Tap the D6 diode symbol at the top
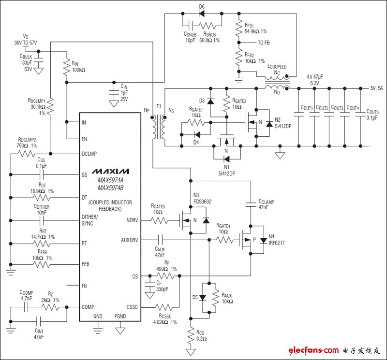pos(202,14)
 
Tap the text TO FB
pos(264,43)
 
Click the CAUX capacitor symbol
pos(161,239)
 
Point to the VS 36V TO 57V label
pos(26,40)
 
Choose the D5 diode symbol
pos(202,297)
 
